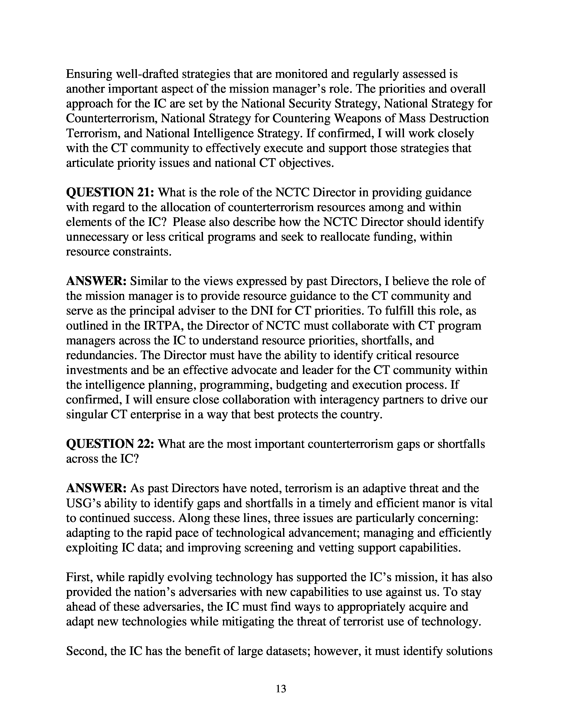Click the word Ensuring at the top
[89, 74]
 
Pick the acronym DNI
[262, 311]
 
